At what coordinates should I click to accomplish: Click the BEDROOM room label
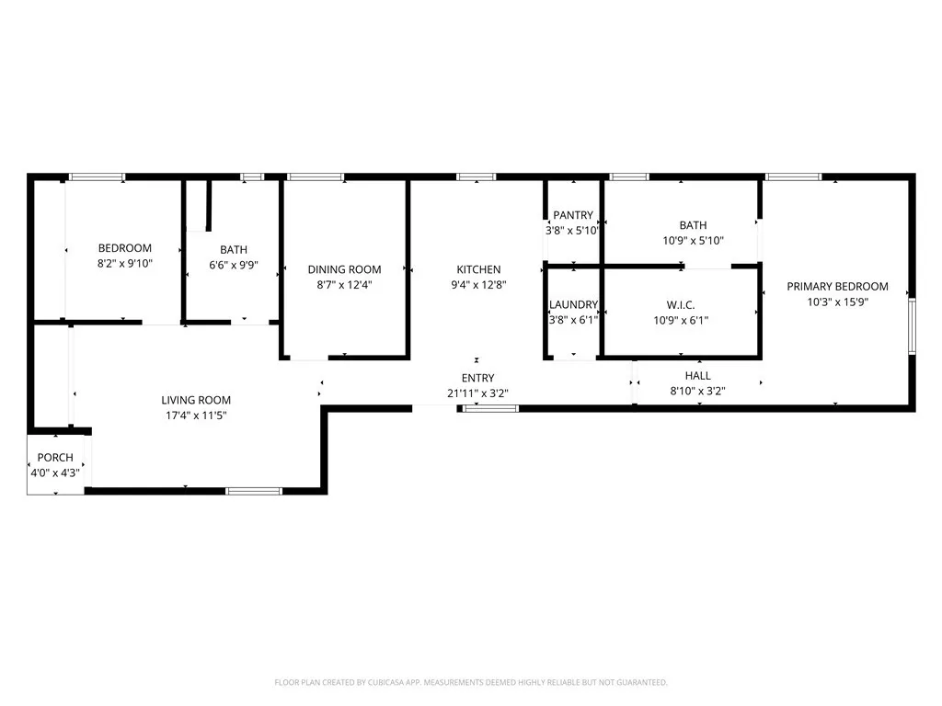tap(125, 248)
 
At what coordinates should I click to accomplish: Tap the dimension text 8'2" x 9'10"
tap(125, 264)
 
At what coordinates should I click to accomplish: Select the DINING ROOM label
tap(344, 269)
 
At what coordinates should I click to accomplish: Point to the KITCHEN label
tap(478, 269)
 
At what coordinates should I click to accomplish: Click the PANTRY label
tap(573, 215)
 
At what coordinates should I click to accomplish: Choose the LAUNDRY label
tap(573, 305)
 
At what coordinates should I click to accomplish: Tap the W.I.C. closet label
tap(680, 305)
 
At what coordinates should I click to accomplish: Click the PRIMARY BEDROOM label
tap(837, 286)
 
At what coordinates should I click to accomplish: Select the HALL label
tap(697, 376)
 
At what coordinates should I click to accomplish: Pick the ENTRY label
tap(477, 378)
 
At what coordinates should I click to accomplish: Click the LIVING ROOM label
tap(196, 400)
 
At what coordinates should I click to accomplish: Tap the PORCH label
tap(55, 458)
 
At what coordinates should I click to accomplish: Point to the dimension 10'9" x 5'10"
tap(680, 241)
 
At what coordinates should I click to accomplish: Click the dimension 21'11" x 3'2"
tap(477, 393)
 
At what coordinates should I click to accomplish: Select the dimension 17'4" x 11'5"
tap(196, 416)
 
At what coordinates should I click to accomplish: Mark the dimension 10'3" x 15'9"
tap(837, 302)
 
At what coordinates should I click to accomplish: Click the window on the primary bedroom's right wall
tap(912, 325)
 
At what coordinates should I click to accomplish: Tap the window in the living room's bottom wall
tap(254, 492)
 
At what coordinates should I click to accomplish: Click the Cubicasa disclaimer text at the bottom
tap(471, 682)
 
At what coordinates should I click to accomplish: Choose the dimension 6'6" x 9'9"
tap(234, 265)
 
